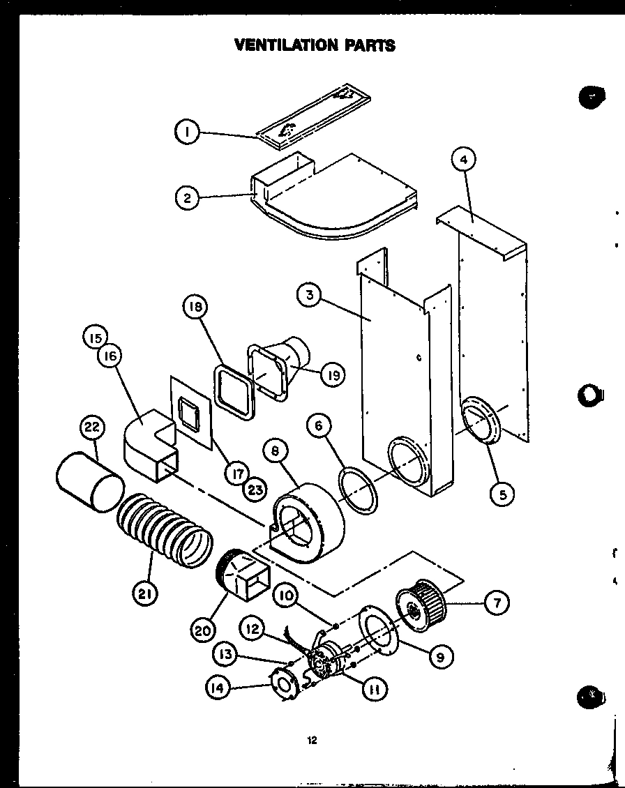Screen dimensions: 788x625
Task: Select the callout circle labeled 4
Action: tap(463, 160)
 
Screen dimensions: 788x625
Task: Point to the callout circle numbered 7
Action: tap(496, 603)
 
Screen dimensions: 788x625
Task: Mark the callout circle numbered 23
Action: tap(255, 490)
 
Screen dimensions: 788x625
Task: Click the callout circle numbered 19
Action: tap(333, 375)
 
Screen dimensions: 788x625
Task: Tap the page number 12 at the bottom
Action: tap(312, 741)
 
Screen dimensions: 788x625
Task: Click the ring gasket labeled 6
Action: tap(359, 490)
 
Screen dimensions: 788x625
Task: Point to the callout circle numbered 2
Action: tap(187, 197)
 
